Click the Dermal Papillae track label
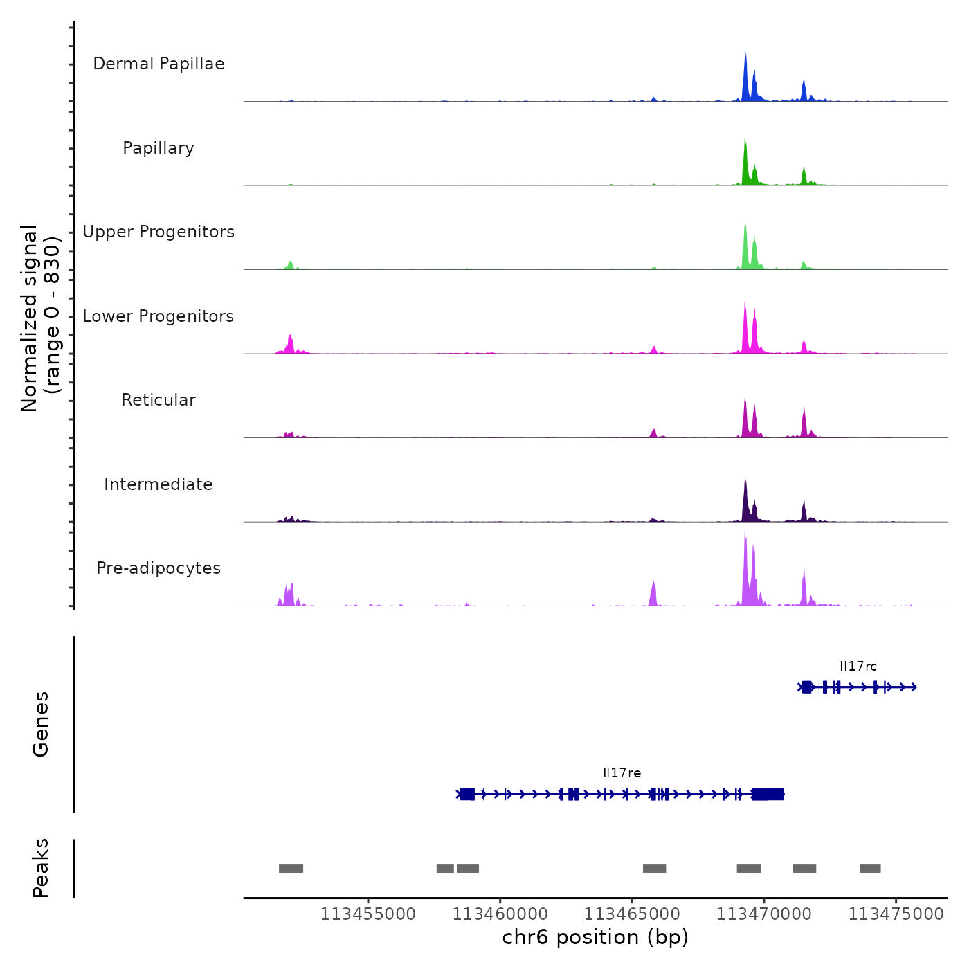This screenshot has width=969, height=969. (159, 64)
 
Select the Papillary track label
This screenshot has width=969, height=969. (159, 148)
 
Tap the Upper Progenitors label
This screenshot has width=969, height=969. (159, 232)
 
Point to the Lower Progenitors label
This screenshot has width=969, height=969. (159, 316)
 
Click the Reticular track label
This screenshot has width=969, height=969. (159, 400)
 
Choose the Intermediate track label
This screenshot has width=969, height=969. (159, 484)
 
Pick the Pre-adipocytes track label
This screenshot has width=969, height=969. (159, 568)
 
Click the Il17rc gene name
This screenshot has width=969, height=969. (858, 667)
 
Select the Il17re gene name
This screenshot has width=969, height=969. (622, 773)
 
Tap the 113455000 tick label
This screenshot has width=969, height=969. (368, 914)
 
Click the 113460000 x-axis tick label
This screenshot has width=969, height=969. (500, 914)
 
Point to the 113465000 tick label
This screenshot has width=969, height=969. (632, 914)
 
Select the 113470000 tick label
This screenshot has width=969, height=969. (764, 914)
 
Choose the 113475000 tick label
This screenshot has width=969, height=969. (896, 914)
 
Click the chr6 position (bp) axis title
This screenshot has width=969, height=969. (595, 938)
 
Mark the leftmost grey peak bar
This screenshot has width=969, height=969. (291, 869)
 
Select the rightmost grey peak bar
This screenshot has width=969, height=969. (870, 869)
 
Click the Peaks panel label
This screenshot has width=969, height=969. (41, 868)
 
